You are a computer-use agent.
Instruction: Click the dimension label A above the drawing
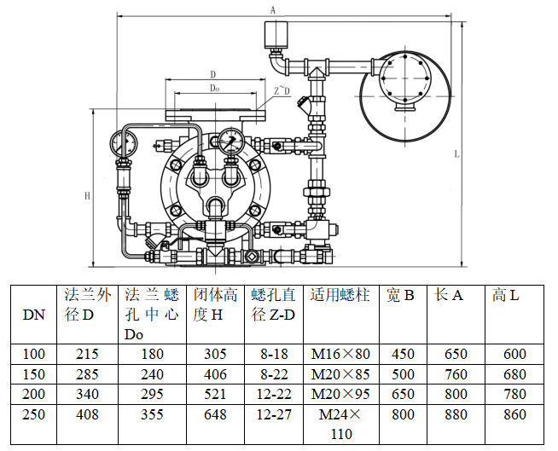(x=273, y=10)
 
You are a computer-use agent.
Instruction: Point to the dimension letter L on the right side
(x=457, y=153)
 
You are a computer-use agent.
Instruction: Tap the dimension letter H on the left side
(x=87, y=195)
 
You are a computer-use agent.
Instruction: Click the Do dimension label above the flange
(x=215, y=88)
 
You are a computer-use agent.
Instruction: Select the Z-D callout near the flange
(x=282, y=90)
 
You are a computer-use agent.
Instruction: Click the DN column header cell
(x=33, y=314)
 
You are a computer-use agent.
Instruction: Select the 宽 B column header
(x=400, y=296)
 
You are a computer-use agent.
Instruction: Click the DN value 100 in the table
(x=33, y=353)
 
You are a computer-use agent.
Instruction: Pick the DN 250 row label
(x=33, y=414)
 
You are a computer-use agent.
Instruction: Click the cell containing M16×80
(x=340, y=353)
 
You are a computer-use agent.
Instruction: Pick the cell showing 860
(x=514, y=414)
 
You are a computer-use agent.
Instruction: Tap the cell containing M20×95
(x=340, y=394)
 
